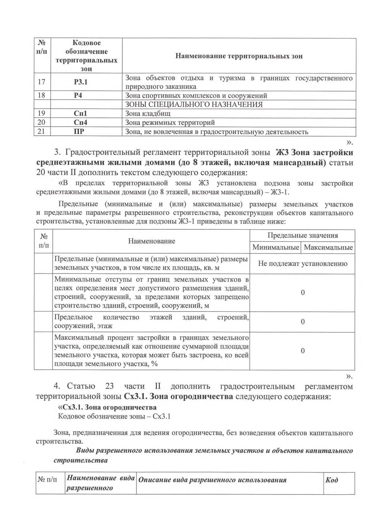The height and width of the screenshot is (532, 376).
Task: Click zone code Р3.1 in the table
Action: pos(81,82)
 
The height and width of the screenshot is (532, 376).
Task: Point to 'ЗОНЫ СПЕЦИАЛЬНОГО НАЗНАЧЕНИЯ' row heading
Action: pos(194,104)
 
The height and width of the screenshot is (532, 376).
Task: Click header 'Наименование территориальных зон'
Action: pos(239,56)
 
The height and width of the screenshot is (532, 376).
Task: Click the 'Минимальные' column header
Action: pos(275,248)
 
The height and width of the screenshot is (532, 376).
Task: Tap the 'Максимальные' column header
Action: pos(328,248)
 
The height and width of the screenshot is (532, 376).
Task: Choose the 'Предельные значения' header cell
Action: pos(302,236)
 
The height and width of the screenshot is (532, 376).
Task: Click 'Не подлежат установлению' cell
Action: pos(302,263)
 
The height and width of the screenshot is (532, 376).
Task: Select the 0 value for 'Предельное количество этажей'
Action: pos(302,322)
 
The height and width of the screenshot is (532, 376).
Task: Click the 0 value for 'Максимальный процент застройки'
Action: pos(302,351)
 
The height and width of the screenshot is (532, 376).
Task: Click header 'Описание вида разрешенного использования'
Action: pos(212,480)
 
